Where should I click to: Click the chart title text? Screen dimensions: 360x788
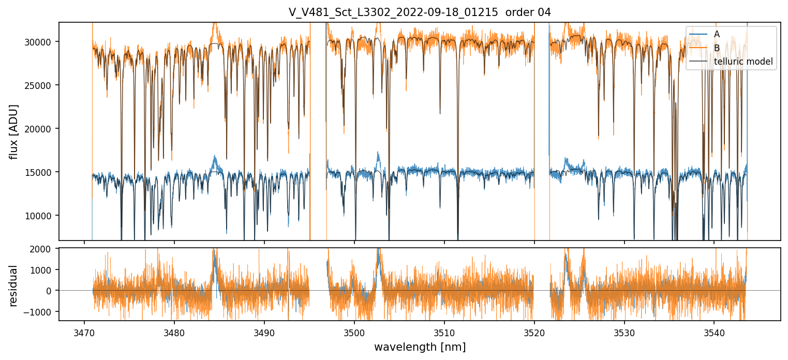pyautogui.click(x=420, y=12)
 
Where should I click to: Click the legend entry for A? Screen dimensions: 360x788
pyautogui.click(x=717, y=34)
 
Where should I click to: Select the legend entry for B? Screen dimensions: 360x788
pyautogui.click(x=717, y=48)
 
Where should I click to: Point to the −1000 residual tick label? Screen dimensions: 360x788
pyautogui.click(x=44, y=311)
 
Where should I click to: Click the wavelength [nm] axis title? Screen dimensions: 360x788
pyautogui.click(x=420, y=347)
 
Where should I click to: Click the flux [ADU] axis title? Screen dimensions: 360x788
pyautogui.click(x=14, y=131)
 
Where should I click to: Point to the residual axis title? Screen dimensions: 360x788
pyautogui.click(x=14, y=285)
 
